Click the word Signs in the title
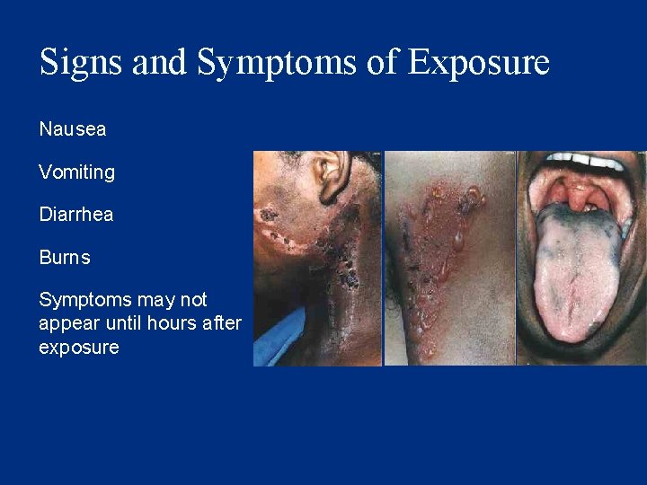82,63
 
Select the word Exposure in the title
478,63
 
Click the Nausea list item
73,129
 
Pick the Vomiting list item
77,172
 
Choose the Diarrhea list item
76,215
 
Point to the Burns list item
65,258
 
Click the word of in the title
386,63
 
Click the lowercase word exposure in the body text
79,348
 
